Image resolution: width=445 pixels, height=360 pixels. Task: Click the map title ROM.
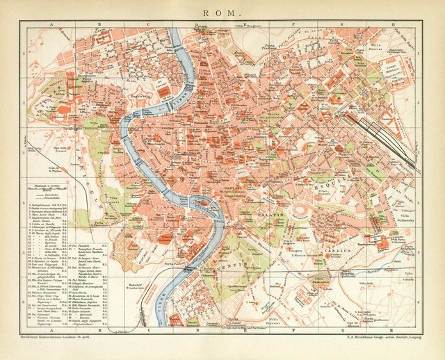coord(222,12)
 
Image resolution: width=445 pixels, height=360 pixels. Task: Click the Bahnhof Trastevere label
coord(139,286)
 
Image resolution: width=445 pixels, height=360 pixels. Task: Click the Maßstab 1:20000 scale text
coord(53,186)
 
